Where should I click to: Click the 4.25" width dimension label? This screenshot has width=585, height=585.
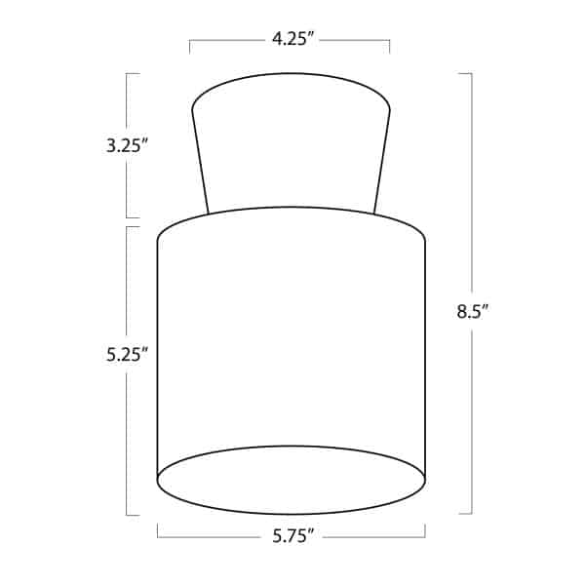pos(289,40)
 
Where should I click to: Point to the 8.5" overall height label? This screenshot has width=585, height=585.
pos(472,312)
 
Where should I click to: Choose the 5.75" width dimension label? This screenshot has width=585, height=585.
pos(291,535)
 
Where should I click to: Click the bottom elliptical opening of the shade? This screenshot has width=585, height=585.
pos(292,479)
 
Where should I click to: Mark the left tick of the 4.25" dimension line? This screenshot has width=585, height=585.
pos(189,46)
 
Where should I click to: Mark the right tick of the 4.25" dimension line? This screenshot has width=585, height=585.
pos(390,46)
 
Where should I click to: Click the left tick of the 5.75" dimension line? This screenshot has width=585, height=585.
pos(158,531)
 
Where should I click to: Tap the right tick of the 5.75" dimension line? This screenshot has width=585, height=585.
pos(425,531)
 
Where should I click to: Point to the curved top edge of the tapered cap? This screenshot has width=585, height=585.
pos(291,73)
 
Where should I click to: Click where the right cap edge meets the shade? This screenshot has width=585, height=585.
pos(374,212)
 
